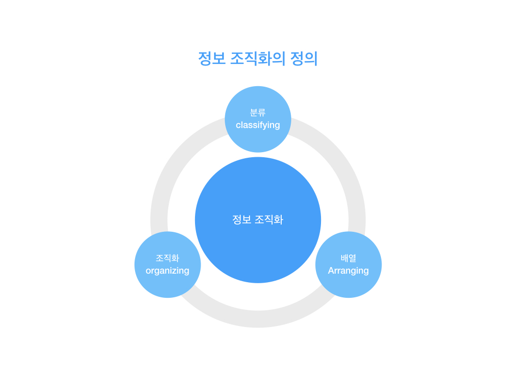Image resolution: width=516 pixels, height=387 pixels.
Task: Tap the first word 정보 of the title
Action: (x=211, y=58)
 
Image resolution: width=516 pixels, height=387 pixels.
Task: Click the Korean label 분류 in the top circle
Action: (x=257, y=112)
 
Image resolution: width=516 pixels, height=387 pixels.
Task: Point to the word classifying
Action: (x=257, y=125)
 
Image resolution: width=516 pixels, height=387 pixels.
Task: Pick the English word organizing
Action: (x=167, y=271)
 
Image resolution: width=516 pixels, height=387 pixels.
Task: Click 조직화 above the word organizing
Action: (x=167, y=257)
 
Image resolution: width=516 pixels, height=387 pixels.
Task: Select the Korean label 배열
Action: (x=348, y=257)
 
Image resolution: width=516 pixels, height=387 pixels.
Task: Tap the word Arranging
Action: (x=348, y=271)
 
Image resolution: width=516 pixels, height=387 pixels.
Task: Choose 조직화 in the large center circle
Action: (x=269, y=220)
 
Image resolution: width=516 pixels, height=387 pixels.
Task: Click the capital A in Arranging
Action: (x=331, y=271)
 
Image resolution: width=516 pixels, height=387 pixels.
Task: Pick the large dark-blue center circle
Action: (x=257, y=247)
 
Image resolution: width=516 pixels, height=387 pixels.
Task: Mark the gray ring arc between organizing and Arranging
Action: (x=257, y=319)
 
